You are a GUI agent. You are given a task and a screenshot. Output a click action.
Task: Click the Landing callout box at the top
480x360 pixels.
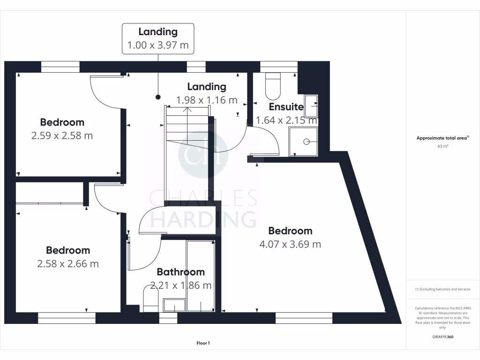(158, 38)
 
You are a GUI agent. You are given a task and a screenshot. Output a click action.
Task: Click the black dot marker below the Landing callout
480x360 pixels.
(158, 97)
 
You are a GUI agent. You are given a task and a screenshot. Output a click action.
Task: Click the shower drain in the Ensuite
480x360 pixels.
(307, 141)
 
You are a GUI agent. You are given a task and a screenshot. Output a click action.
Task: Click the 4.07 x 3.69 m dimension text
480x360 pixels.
(290, 244)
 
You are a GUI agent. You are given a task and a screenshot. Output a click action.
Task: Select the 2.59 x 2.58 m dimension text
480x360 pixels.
(62, 136)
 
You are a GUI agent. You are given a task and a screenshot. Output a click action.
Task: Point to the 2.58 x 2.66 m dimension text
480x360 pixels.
(67, 264)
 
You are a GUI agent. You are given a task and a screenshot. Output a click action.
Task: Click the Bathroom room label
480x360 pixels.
(180, 272)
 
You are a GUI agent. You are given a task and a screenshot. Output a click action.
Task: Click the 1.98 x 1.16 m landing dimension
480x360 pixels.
(206, 100)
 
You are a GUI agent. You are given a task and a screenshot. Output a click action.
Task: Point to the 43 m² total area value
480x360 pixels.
(442, 146)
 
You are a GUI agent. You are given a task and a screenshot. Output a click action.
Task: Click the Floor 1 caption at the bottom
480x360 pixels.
(203, 343)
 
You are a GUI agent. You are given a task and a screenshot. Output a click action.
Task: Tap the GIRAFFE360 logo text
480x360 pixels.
(442, 337)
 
